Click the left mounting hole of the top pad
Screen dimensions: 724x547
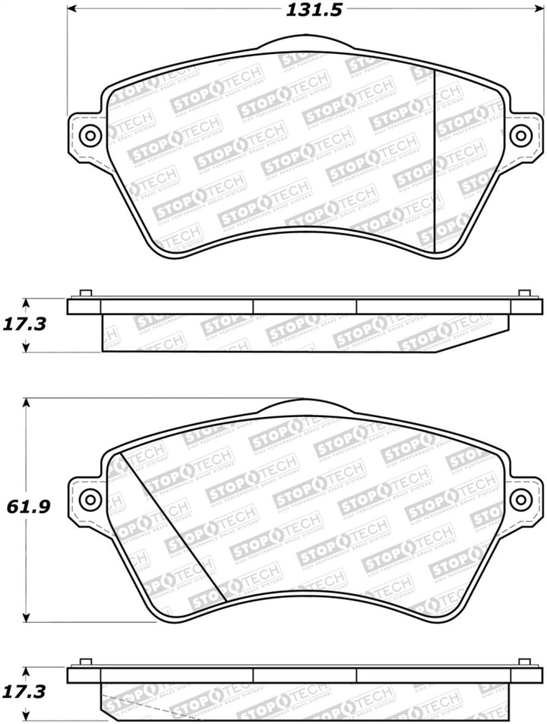pos(90,136)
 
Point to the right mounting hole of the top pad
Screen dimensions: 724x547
pos(520,136)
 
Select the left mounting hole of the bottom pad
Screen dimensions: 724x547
pos(90,499)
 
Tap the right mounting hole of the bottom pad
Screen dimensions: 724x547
pos(520,499)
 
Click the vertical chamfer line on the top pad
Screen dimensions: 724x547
pos(434,160)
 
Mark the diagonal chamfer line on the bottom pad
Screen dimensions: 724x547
pos(169,524)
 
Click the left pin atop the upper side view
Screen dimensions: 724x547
pos(85,294)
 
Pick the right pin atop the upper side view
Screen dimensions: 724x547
pos(524,294)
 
